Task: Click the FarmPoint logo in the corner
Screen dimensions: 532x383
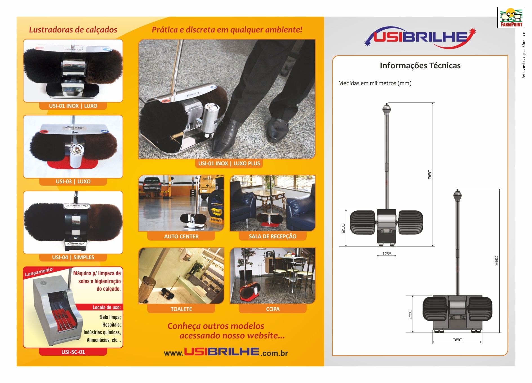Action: (511, 17)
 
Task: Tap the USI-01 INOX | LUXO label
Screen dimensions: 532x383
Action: (73, 106)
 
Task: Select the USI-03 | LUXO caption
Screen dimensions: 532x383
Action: (73, 182)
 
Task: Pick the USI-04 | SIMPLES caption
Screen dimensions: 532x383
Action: (73, 257)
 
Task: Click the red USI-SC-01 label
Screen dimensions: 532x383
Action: (73, 352)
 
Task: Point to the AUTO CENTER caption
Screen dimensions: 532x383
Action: (181, 237)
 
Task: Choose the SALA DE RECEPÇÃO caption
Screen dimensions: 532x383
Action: (273, 237)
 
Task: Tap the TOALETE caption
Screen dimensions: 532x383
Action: (181, 309)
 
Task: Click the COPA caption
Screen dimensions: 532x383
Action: (273, 309)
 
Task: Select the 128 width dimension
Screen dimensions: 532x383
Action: (387, 254)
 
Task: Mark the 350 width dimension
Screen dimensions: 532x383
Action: (457, 340)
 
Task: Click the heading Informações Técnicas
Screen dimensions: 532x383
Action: (420, 66)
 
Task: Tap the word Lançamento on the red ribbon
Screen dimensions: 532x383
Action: (39, 272)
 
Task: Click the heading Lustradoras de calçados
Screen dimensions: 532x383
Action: (73, 30)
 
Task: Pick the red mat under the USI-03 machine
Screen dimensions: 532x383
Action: (73, 164)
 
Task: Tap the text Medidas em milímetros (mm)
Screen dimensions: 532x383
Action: (375, 83)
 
